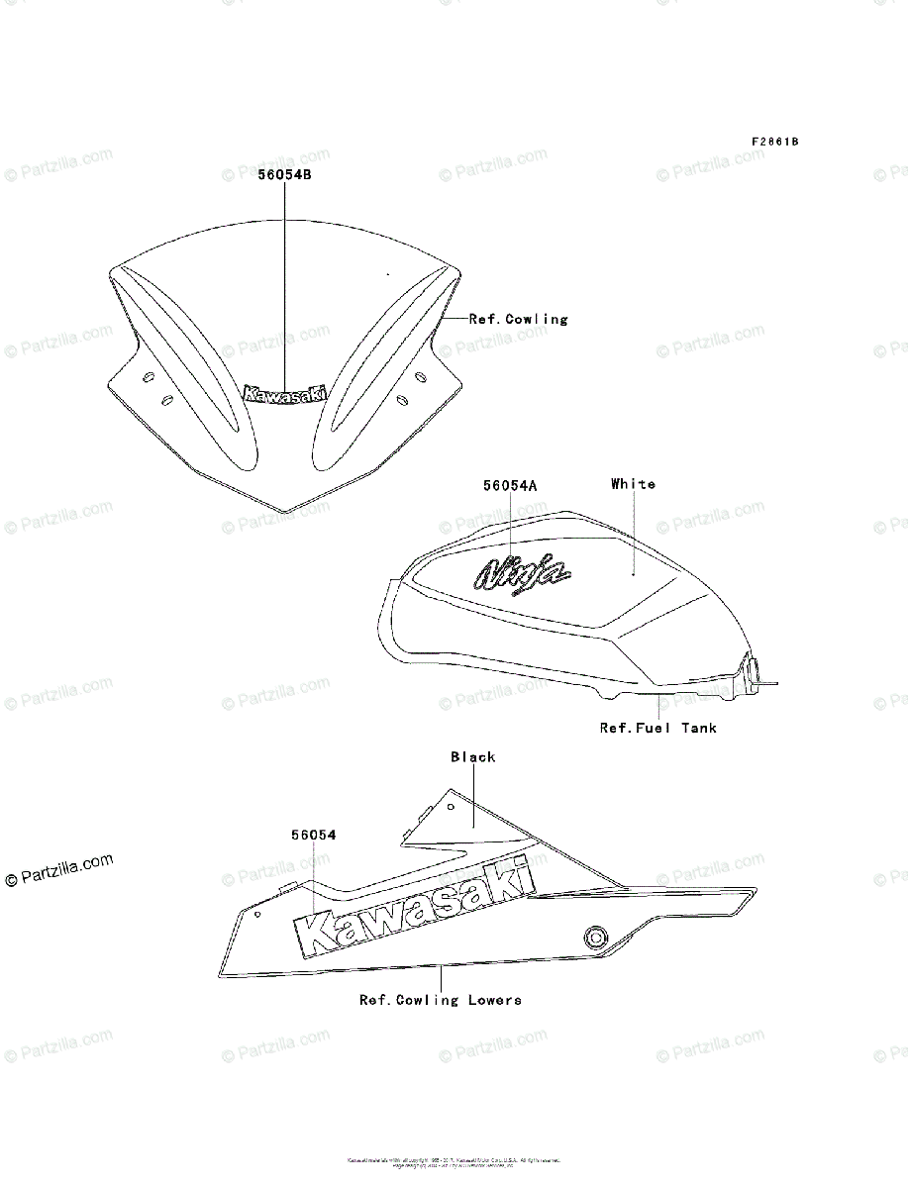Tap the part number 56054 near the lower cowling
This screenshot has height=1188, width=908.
click(313, 836)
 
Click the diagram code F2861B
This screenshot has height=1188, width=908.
click(774, 142)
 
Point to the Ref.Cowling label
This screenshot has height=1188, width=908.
click(518, 320)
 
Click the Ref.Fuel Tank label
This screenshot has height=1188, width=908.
click(657, 728)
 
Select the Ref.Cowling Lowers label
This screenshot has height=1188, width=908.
click(440, 1000)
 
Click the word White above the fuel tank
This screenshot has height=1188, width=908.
click(633, 484)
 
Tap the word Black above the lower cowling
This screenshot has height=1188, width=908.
click(472, 757)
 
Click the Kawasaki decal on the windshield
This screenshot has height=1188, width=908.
click(285, 394)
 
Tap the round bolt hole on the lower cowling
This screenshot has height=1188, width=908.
click(594, 937)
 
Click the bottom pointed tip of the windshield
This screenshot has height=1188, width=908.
click(286, 511)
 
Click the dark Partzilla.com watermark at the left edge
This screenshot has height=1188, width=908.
click(58, 870)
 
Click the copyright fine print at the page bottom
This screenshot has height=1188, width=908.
click(454, 1162)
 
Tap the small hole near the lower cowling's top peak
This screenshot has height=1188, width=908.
click(450, 807)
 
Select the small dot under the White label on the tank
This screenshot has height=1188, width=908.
click(634, 573)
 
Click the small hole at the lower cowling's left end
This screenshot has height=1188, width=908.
click(257, 914)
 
